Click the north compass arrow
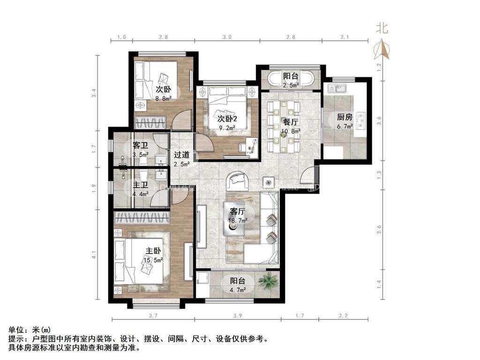[x=383, y=48]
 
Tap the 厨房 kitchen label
[x=345, y=118]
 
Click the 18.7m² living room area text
[x=237, y=219]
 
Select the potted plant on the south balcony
[x=269, y=281]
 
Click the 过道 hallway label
[x=182, y=155]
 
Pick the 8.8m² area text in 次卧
[x=163, y=98]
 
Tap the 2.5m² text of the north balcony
[x=291, y=85]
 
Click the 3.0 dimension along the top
[x=227, y=37]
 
